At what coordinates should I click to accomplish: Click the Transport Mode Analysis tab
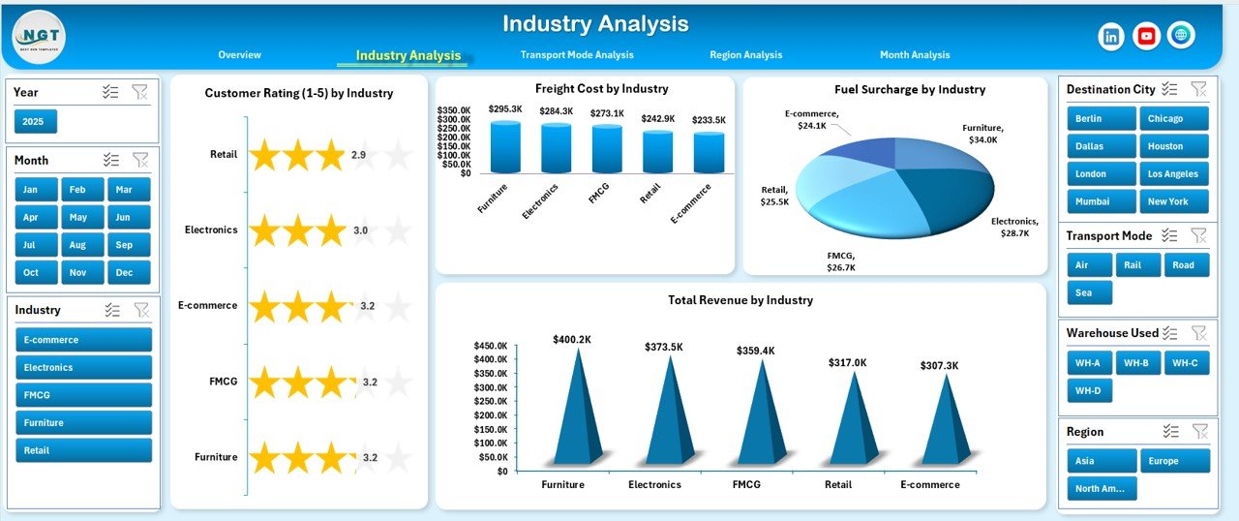(x=577, y=55)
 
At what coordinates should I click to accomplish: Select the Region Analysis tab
(x=745, y=55)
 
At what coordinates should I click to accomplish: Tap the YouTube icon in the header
(x=1146, y=36)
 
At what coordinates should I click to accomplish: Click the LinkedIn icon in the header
(x=1111, y=36)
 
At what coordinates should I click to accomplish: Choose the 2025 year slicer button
(x=36, y=122)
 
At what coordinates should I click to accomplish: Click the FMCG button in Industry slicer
(x=84, y=395)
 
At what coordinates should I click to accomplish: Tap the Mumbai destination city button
(x=1102, y=201)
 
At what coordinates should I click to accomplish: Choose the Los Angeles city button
(x=1174, y=174)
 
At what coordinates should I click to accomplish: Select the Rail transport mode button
(x=1137, y=265)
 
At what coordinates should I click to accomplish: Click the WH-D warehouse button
(x=1090, y=391)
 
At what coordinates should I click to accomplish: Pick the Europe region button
(x=1174, y=461)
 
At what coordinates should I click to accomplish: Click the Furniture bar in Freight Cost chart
(x=505, y=148)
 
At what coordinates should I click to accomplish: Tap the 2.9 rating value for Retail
(x=358, y=155)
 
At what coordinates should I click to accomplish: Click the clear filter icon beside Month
(x=140, y=160)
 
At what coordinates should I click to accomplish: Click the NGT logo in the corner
(x=40, y=37)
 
